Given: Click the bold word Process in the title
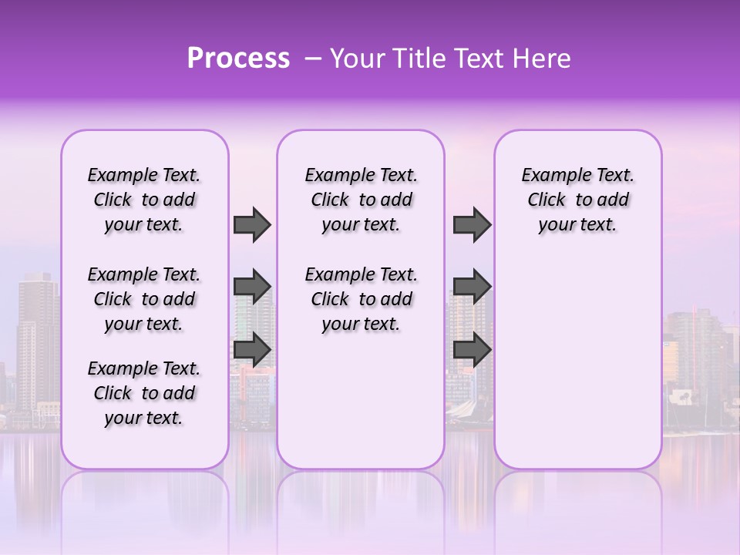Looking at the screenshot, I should tap(238, 59).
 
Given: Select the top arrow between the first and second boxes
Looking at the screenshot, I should tap(252, 225).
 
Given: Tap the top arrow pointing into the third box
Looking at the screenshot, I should tap(472, 225).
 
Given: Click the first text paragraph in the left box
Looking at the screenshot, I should tap(144, 200).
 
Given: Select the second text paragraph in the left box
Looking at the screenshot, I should tap(144, 299).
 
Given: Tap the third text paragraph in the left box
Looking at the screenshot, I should tap(144, 393).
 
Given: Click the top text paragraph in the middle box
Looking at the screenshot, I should tap(362, 200).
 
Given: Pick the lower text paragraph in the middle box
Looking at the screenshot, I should tap(362, 299).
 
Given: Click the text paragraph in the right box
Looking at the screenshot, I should tap(578, 200).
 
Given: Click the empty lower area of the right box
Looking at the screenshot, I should tap(578, 362).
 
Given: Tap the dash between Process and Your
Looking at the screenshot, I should tap(312, 59).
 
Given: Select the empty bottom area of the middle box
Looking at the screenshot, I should tap(362, 409).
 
